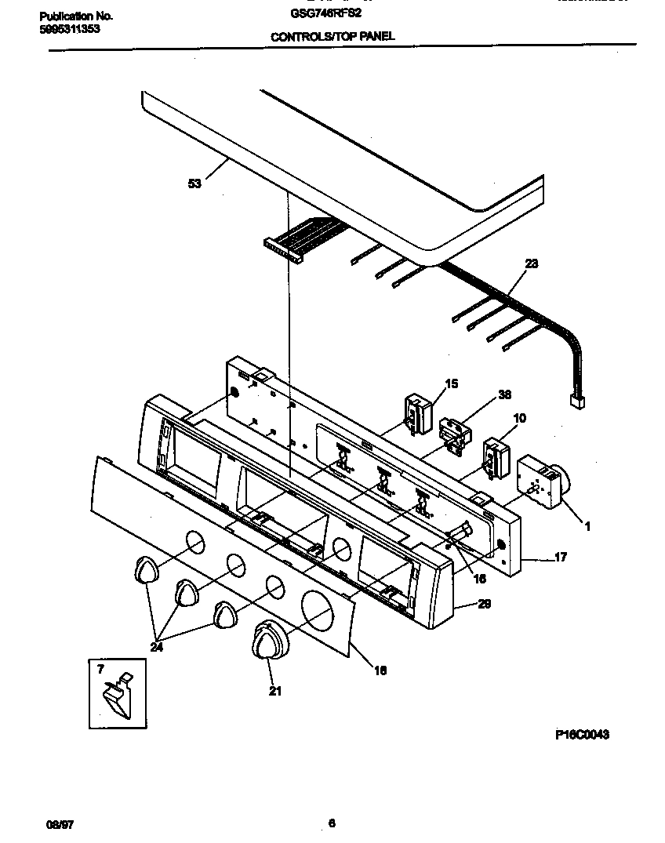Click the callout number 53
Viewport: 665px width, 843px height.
(194, 183)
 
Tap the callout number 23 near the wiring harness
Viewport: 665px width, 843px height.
(531, 265)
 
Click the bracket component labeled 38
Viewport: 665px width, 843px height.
(452, 434)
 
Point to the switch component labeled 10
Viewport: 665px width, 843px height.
(495, 457)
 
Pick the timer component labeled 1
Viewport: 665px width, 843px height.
(541, 482)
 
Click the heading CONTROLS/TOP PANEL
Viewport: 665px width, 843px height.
(332, 36)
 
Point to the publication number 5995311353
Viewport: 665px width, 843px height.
(69, 29)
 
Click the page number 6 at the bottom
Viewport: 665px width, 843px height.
(332, 823)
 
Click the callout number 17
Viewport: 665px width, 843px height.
(560, 558)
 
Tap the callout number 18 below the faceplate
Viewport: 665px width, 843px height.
(380, 670)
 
